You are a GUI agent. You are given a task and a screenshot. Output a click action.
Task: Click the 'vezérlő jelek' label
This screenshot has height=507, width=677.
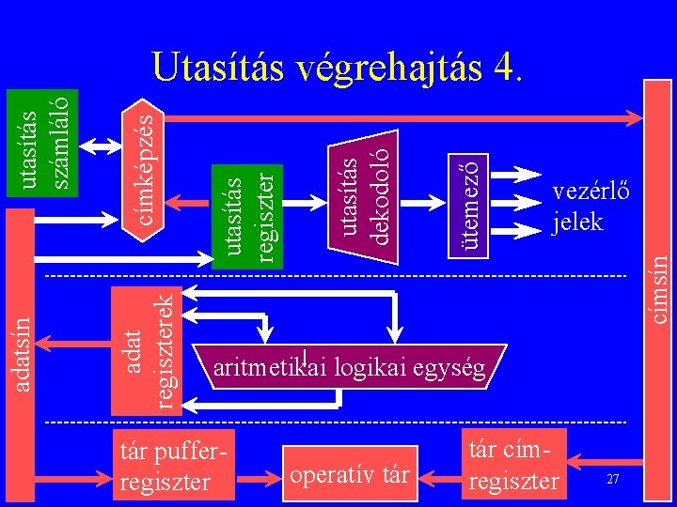(577, 207)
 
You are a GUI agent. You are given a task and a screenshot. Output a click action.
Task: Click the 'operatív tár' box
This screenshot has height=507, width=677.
(351, 475)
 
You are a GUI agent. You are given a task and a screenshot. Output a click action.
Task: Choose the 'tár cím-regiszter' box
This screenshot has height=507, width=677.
(513, 466)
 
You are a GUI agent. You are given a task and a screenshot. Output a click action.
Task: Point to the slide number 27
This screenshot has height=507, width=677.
(612, 480)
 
